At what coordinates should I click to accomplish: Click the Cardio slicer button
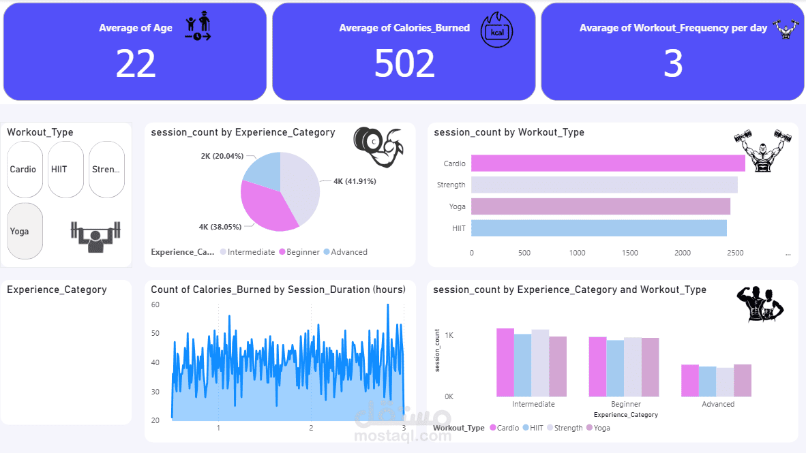(x=25, y=170)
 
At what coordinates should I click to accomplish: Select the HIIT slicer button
(x=65, y=170)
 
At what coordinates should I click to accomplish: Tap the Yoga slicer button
(x=25, y=231)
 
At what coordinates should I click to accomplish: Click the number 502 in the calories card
(x=404, y=63)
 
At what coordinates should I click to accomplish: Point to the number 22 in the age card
(x=136, y=63)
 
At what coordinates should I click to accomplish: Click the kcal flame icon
(x=496, y=30)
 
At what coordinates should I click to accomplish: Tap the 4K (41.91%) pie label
(x=355, y=181)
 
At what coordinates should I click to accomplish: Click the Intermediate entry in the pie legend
(x=248, y=252)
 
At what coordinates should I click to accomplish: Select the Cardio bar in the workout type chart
(x=608, y=163)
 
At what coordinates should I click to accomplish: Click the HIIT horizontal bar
(x=599, y=228)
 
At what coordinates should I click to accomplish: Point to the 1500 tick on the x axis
(x=629, y=253)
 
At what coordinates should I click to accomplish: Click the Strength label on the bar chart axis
(x=451, y=185)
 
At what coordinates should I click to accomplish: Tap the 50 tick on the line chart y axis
(x=155, y=333)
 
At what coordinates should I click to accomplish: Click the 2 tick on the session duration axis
(x=311, y=428)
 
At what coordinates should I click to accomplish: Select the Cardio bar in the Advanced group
(x=690, y=381)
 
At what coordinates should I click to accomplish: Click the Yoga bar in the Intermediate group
(x=558, y=366)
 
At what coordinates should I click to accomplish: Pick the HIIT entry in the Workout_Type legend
(x=533, y=428)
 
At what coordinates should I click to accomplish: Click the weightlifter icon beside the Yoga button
(x=95, y=237)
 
